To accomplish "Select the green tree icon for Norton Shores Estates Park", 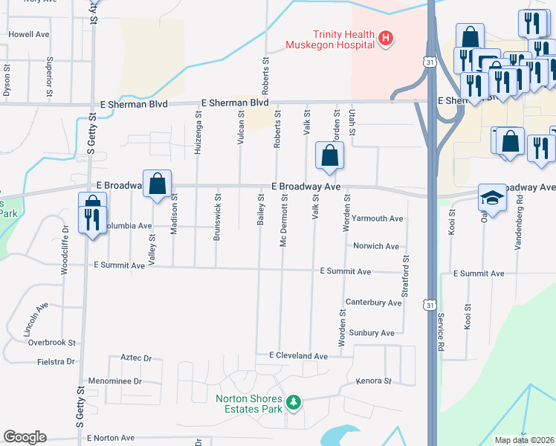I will [295, 402].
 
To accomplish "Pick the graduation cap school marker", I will [491, 198].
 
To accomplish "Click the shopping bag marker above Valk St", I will [329, 157].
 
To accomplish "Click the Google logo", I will [25, 437].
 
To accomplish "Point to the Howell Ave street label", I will [29, 34].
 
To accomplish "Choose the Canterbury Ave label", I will [374, 303].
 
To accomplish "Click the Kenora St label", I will [373, 381].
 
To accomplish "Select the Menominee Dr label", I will [114, 381].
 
